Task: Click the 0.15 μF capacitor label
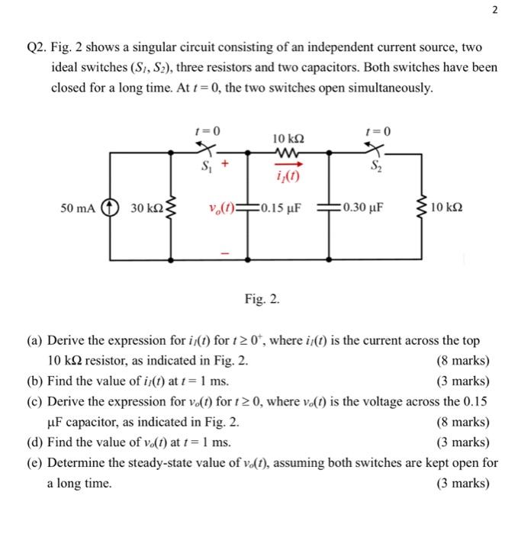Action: coord(275,207)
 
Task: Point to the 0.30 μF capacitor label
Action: coord(365,207)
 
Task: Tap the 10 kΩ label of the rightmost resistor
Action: coord(446,207)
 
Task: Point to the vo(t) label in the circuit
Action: coord(220,207)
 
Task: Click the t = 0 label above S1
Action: coord(207,131)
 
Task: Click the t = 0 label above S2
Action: coord(378,131)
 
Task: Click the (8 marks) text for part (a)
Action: coord(462,361)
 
